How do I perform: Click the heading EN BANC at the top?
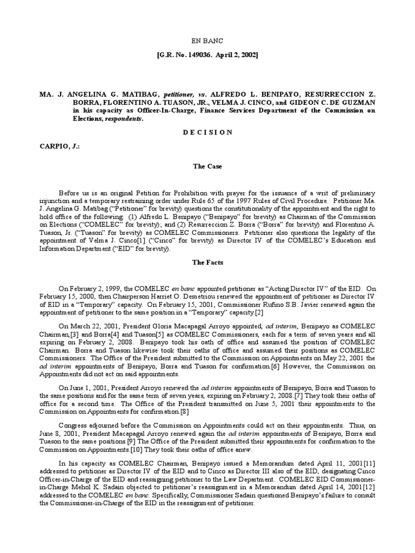[x=207, y=40]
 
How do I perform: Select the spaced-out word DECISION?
[x=207, y=132]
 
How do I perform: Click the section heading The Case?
[x=207, y=166]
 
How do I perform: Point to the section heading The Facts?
[x=207, y=262]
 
